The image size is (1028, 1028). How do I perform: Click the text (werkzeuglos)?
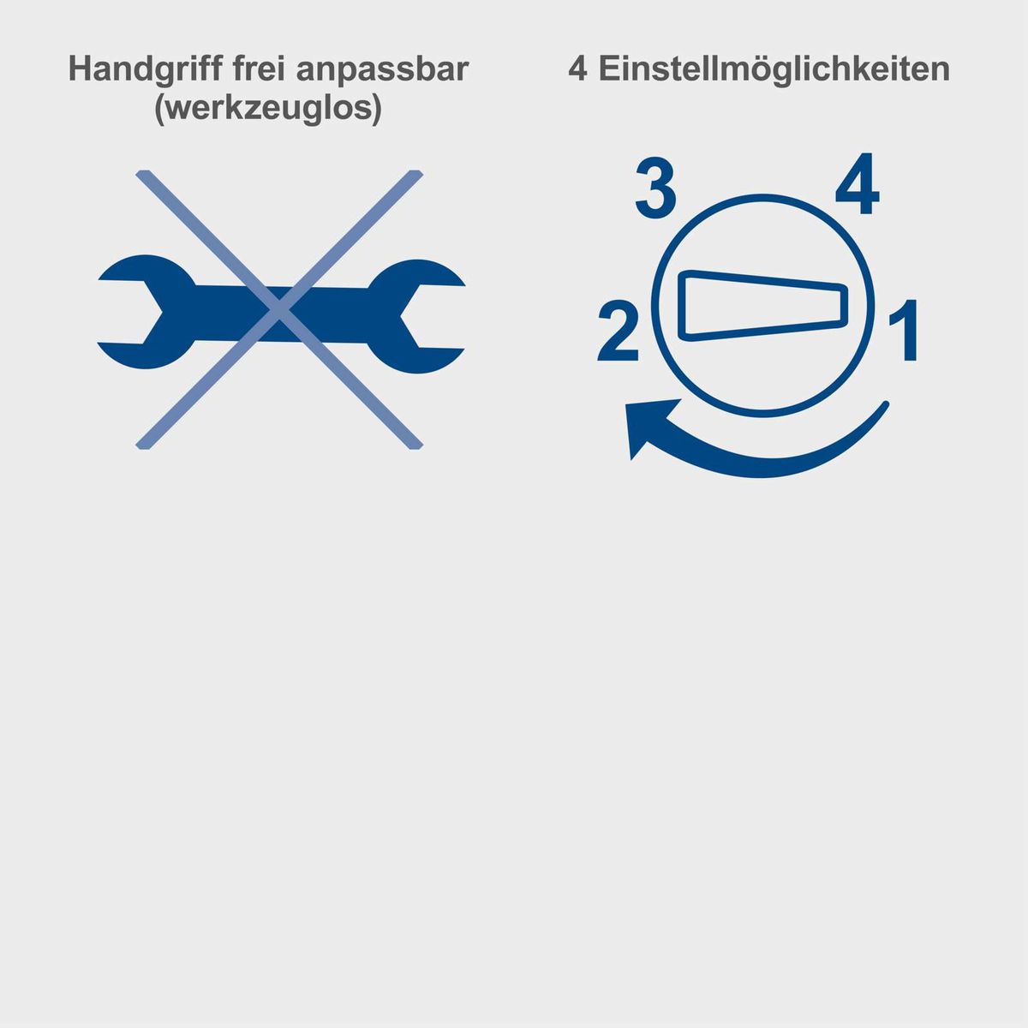point(268,111)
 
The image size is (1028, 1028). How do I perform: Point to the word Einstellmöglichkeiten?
point(773,69)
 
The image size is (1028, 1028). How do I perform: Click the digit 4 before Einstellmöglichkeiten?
point(579,69)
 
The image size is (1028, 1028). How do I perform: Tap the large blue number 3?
point(655,189)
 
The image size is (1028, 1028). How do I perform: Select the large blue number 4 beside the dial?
point(857,186)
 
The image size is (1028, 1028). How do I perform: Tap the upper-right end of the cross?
point(415,175)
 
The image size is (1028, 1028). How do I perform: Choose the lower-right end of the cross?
point(415,445)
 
